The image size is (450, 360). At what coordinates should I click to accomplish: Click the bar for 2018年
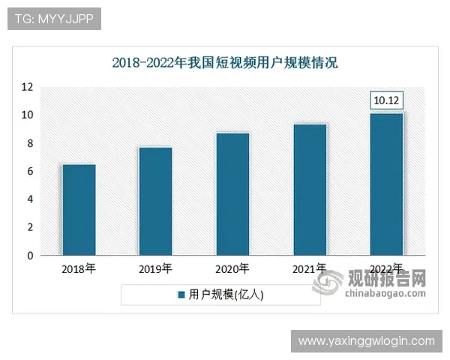[78, 210]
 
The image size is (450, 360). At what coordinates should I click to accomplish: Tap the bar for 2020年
[232, 194]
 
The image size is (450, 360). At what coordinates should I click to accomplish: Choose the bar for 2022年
[387, 184]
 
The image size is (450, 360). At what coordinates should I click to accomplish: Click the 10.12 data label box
[388, 100]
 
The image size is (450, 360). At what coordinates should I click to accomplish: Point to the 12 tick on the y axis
[27, 87]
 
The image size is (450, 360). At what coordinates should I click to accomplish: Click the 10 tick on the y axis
[27, 115]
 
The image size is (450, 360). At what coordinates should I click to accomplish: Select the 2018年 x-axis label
[78, 268]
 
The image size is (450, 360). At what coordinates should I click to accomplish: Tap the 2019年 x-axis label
[155, 268]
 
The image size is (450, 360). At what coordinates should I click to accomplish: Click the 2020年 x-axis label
[232, 268]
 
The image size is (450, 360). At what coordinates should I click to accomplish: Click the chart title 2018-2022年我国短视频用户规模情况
[225, 63]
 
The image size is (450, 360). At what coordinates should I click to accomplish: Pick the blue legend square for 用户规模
[181, 295]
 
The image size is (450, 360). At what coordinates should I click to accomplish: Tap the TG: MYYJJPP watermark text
[53, 19]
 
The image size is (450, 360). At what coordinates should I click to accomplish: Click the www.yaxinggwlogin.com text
[366, 341]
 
